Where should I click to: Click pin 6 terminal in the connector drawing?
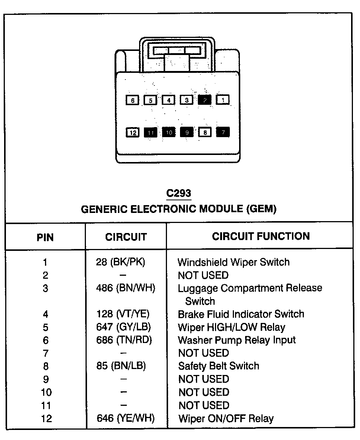pos(133,100)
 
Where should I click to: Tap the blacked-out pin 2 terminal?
pos(205,100)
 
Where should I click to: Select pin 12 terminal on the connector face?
pos(133,132)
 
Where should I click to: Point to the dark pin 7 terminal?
pos(223,132)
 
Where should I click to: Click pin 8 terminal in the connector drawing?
pos(205,132)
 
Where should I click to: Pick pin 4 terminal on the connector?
pos(168,100)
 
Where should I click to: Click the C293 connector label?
pos(179,193)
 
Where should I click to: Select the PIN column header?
pos(45,237)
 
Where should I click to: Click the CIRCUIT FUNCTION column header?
pos(261,236)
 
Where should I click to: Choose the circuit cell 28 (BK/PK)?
pos(120,262)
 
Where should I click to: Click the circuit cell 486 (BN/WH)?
pos(126,288)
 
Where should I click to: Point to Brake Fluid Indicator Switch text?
pos(241,314)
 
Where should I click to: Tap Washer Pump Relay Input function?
pos(237,340)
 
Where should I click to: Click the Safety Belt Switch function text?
pos(219,366)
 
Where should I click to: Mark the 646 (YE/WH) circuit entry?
pos(126,418)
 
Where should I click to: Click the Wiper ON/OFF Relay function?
pos(226,418)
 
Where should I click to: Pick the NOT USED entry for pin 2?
pos(203,275)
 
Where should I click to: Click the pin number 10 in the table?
pos(45,392)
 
